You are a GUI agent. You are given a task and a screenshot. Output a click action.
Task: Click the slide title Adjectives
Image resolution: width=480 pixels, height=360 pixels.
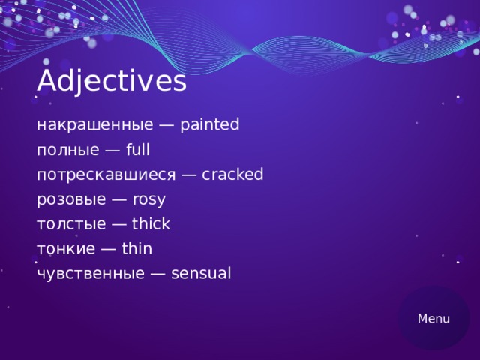(111, 81)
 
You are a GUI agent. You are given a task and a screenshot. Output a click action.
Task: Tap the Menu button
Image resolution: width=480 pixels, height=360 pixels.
(433, 318)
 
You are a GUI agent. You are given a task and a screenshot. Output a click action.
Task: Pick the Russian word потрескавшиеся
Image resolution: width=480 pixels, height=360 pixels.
(106, 175)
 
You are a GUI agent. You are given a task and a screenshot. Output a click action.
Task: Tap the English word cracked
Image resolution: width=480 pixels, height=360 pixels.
(232, 175)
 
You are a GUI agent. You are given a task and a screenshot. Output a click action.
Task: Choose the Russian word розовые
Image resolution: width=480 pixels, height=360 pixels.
(73, 199)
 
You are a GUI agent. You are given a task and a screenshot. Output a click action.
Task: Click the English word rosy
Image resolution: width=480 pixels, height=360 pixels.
(148, 200)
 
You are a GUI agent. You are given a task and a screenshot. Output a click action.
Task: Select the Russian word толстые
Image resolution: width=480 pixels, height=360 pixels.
(70, 224)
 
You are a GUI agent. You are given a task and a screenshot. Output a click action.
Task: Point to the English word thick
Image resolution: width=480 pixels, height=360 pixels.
(151, 224)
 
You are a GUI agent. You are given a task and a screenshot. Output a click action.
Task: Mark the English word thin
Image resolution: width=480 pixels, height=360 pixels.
(136, 249)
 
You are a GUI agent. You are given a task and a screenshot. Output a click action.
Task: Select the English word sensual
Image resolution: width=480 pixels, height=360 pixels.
(201, 274)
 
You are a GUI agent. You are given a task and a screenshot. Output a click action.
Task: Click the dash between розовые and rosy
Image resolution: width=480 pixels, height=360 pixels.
(120, 200)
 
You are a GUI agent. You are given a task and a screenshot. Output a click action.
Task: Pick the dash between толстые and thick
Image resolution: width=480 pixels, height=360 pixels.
(120, 225)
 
